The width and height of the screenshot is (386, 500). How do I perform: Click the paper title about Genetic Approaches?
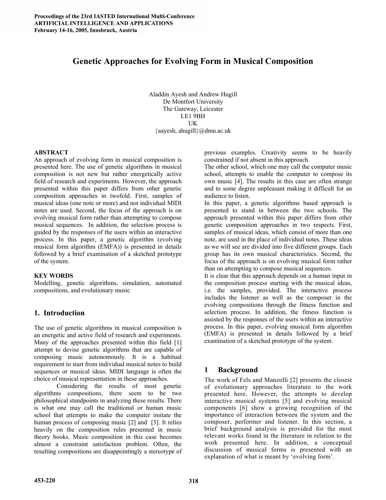click(x=193, y=61)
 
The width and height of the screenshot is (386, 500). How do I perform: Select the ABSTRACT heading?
click(x=51, y=152)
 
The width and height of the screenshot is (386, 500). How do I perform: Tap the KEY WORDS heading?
click(x=54, y=276)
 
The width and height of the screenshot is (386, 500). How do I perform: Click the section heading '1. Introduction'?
click(x=59, y=313)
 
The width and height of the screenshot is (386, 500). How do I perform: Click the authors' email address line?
click(x=193, y=131)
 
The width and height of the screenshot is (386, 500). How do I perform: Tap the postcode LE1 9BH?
click(x=193, y=116)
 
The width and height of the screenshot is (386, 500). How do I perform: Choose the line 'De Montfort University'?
click(x=193, y=102)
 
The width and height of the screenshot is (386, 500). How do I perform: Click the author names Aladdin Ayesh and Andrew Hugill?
click(x=193, y=94)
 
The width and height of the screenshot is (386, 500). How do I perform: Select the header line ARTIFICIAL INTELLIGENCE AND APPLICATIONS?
click(x=104, y=23)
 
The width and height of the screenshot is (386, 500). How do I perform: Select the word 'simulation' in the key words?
click(x=136, y=283)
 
